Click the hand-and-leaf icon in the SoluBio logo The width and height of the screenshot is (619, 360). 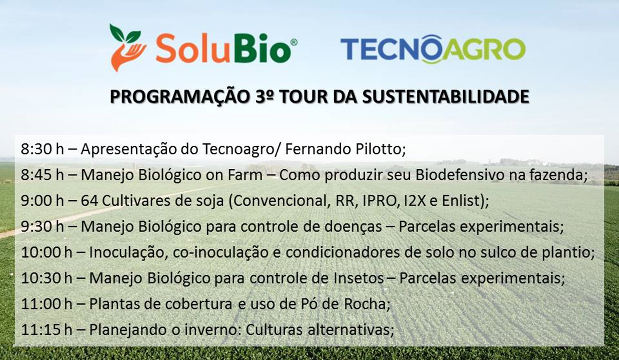click(128, 47)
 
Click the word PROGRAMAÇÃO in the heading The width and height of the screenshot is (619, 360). click(179, 96)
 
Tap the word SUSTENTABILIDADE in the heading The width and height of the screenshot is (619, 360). click(445, 96)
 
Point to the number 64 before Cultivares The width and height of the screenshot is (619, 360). click(89, 201)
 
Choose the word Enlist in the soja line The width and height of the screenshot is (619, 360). click(465, 201)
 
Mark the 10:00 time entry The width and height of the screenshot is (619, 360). click(40, 252)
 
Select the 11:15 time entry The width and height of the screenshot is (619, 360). click(40, 329)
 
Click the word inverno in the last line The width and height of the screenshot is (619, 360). click(208, 329)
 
